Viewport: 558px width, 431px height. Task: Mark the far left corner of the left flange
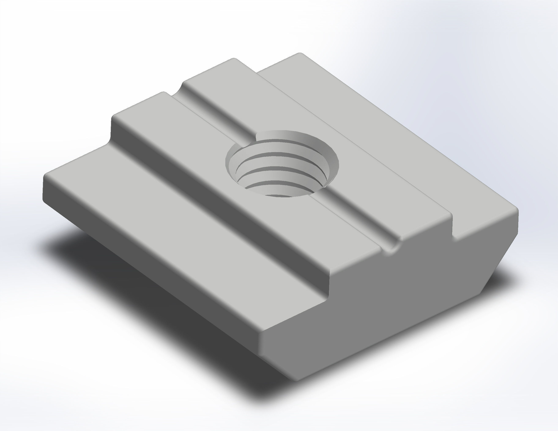pyautogui.click(x=46, y=176)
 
